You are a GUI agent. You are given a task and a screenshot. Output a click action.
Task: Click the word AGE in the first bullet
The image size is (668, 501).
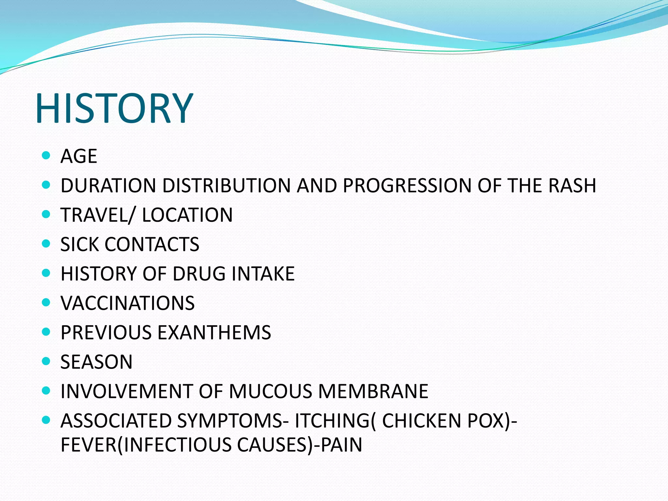pyautogui.click(x=79, y=156)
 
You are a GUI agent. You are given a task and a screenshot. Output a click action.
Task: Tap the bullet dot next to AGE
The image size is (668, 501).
pyautogui.click(x=46, y=155)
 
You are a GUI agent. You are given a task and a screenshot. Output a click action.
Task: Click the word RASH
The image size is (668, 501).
pyautogui.click(x=572, y=186)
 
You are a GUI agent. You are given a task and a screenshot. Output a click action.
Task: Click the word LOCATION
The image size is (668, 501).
pyautogui.click(x=187, y=215)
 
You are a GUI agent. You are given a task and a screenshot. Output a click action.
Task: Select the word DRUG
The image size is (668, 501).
pyautogui.click(x=199, y=274)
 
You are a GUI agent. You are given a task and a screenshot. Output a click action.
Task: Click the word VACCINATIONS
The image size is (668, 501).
pyautogui.click(x=128, y=303)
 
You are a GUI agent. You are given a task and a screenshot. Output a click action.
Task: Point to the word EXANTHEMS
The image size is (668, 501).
pyautogui.click(x=214, y=332)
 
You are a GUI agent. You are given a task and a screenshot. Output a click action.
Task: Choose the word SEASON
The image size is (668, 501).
pyautogui.click(x=97, y=362)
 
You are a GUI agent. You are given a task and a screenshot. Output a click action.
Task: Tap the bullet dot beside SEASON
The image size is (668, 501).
pyautogui.click(x=46, y=361)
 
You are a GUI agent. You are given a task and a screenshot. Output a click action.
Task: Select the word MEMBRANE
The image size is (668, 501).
pyautogui.click(x=373, y=391)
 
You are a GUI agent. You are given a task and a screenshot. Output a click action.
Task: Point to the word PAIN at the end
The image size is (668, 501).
pyautogui.click(x=341, y=445)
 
